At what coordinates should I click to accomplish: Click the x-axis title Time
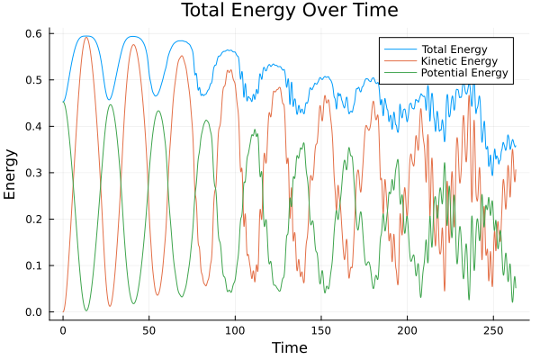[289, 347]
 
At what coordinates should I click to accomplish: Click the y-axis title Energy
[11, 175]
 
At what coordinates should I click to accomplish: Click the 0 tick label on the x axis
[63, 330]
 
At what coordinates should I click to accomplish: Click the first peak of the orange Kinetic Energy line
[86, 37]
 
